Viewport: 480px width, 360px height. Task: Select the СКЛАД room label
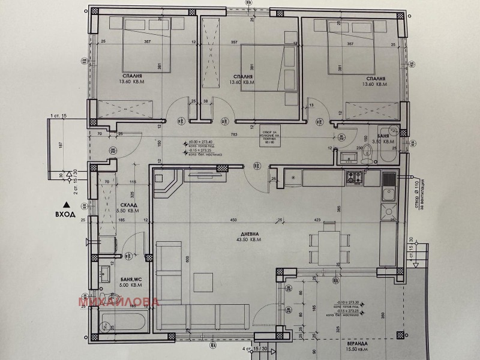[x=127, y=205]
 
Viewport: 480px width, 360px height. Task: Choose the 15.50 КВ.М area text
[x=358, y=351]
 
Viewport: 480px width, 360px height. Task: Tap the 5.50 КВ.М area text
[x=128, y=211]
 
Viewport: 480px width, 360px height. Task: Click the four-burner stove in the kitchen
[x=354, y=177]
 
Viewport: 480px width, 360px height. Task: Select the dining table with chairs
[x=327, y=242]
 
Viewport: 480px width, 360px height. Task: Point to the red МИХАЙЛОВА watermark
[x=118, y=301]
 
